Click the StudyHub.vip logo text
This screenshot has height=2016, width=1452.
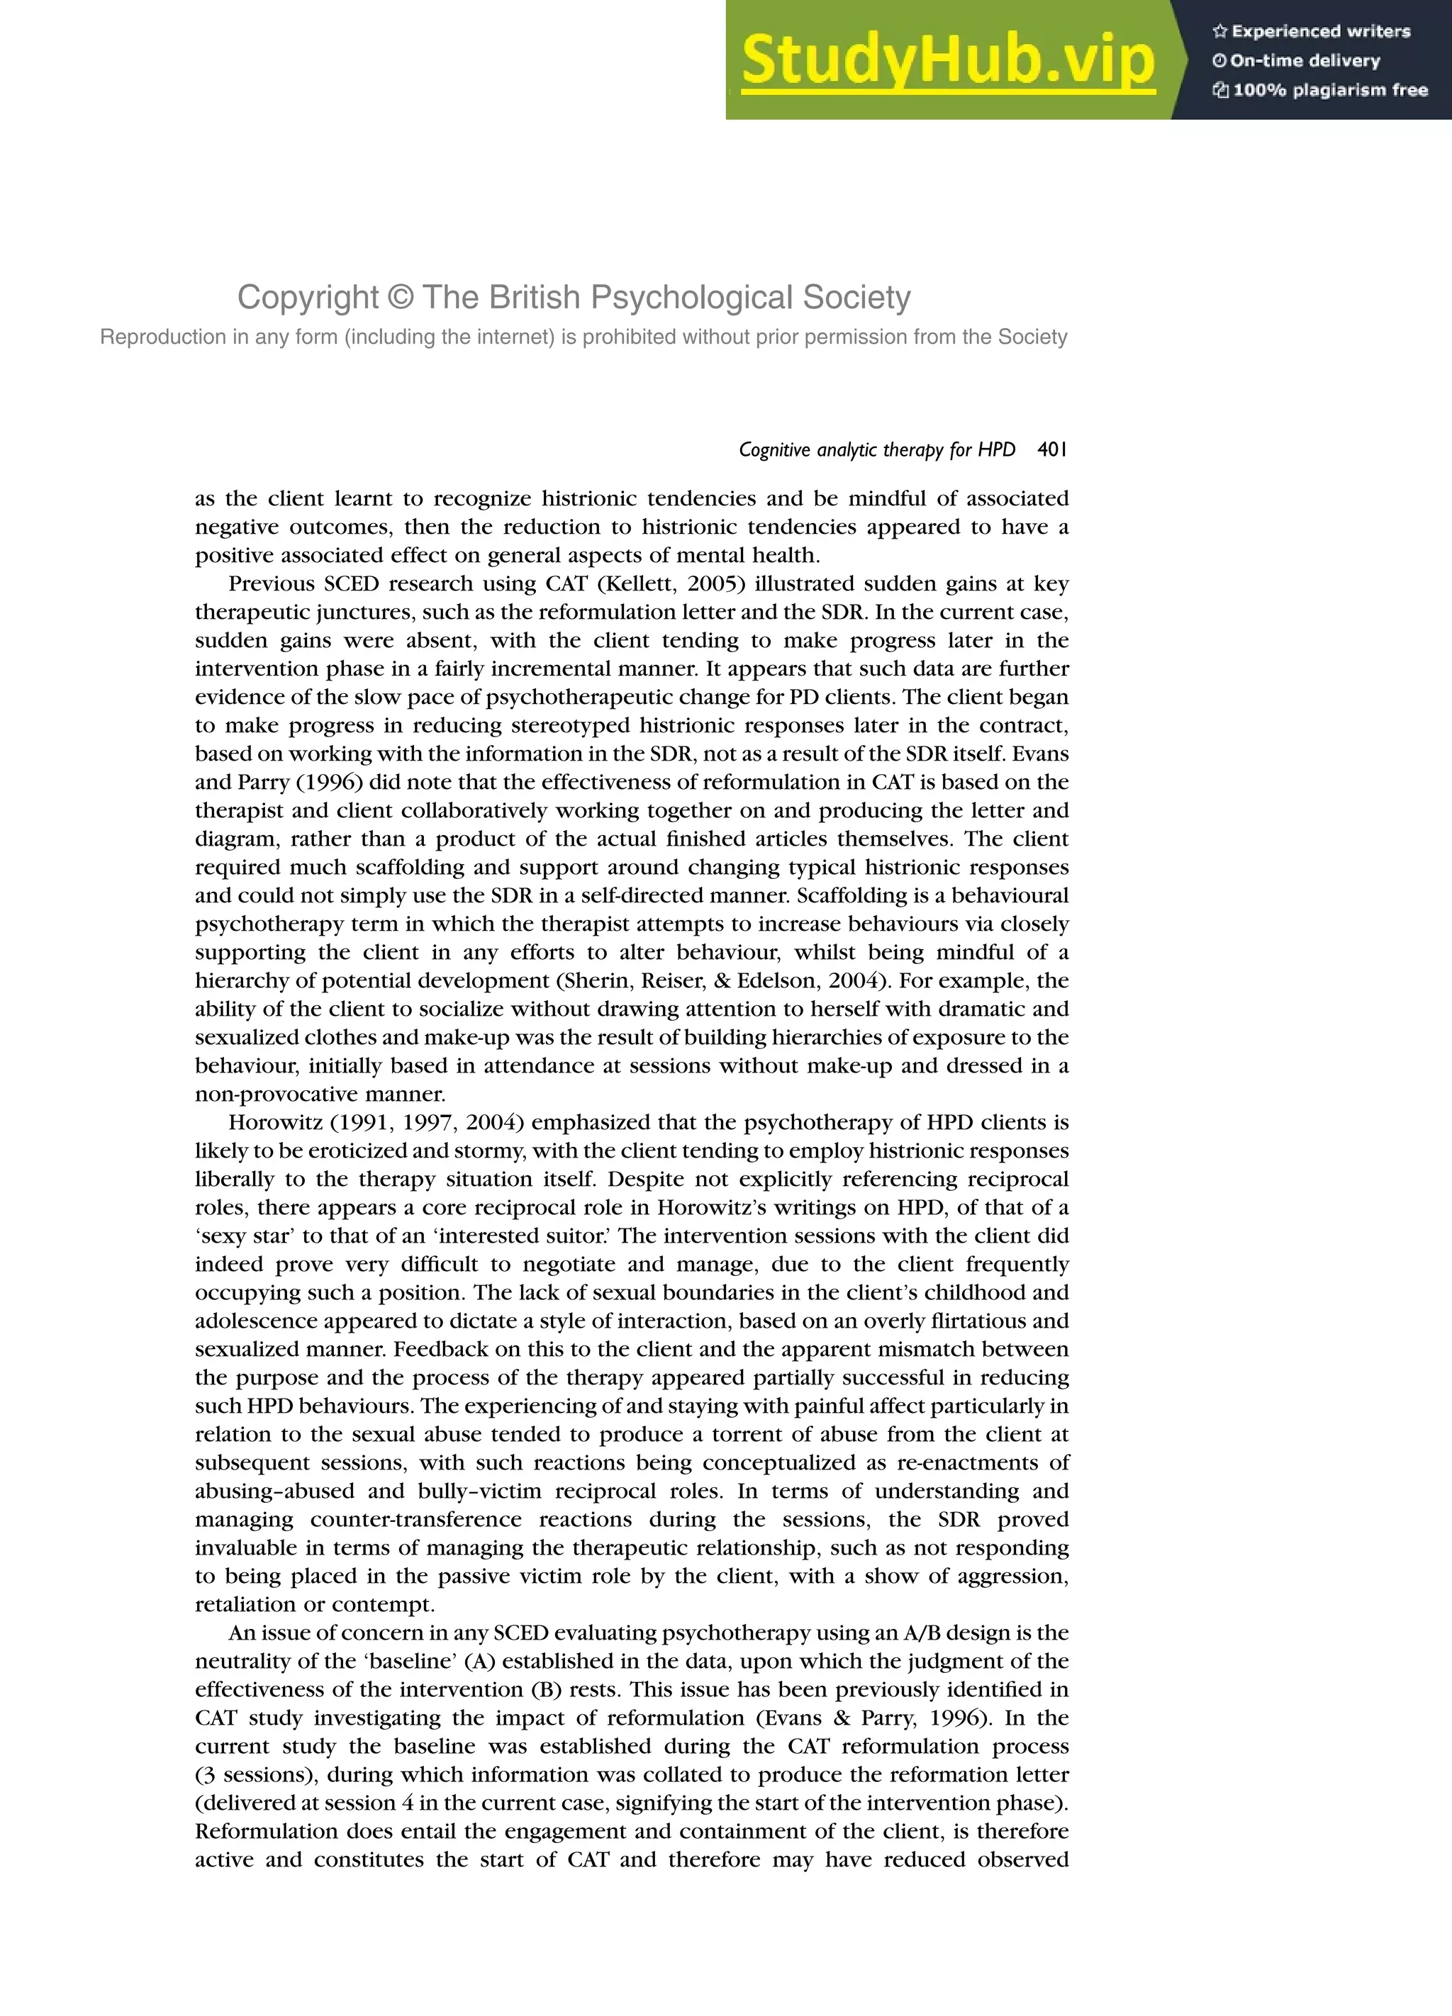coord(948,60)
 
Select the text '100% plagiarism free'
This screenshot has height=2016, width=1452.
coord(1330,90)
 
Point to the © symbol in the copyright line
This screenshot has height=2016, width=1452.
coord(401,298)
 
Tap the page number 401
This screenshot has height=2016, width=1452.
coord(1052,450)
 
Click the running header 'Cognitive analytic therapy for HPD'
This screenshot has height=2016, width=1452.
coord(877,450)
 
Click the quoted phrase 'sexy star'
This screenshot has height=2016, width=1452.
coord(245,1236)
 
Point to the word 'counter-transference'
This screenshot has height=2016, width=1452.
coord(416,1520)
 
